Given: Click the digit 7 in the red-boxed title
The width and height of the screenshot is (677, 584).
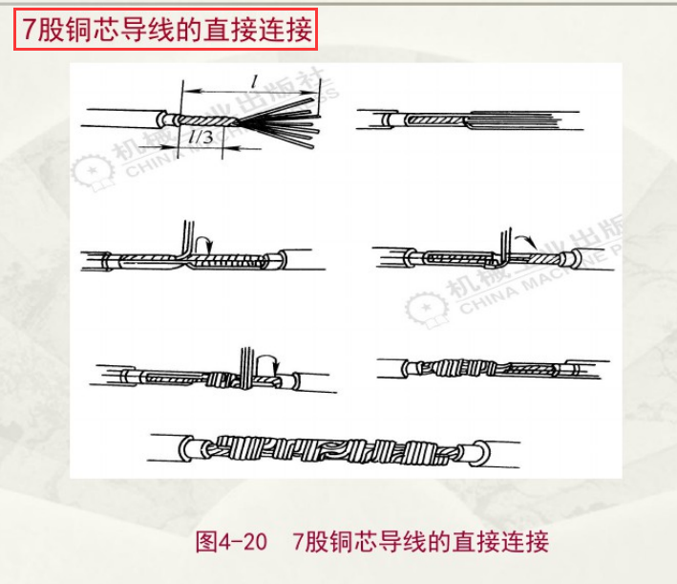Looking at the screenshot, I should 30,30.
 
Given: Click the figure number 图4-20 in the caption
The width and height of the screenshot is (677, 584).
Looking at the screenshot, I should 230,541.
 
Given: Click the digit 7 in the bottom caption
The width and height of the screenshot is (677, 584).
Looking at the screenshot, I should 301,541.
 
